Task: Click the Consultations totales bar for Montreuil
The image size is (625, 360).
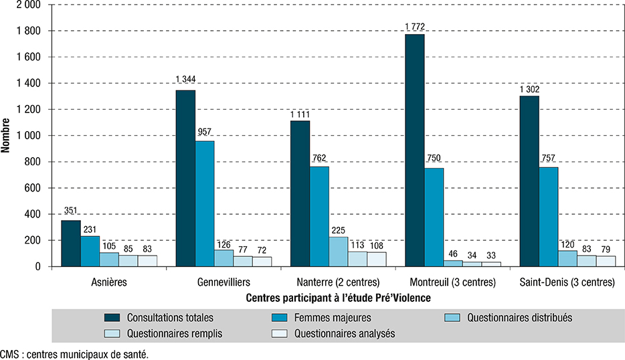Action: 414,150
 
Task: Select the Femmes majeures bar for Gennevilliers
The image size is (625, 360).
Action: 205,203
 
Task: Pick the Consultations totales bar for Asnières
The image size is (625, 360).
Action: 71,244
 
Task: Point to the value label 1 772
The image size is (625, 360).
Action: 415,27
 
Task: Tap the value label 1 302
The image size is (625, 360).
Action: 529,90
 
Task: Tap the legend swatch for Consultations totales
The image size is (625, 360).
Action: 118,317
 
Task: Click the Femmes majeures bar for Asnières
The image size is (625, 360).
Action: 90,252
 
